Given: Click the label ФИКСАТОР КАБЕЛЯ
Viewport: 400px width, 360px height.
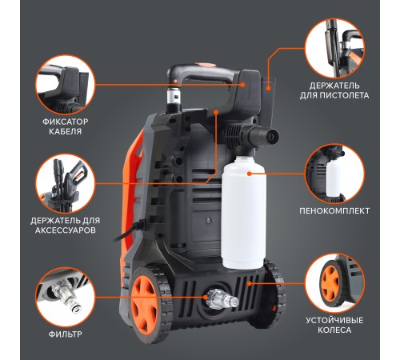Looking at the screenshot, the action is [65, 126].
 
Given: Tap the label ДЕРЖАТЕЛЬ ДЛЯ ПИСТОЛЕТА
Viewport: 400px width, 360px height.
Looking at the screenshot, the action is [334, 90].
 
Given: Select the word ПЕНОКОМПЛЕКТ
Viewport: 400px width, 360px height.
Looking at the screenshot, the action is [334, 210].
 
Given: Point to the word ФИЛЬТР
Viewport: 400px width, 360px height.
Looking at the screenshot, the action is [65, 334].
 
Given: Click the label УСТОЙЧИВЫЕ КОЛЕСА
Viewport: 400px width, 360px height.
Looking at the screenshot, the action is [334, 325].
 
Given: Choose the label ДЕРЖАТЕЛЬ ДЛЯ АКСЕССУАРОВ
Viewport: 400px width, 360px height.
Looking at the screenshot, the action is [65, 226].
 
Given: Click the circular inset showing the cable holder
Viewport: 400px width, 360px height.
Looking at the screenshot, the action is [66, 85].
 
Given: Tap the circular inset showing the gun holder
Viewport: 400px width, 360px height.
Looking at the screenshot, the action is [334, 48].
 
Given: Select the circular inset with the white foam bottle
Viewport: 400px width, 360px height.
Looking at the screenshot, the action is [334, 174].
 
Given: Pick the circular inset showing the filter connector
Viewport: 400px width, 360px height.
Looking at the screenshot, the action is [66, 298].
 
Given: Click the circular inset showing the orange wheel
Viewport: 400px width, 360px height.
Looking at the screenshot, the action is [334, 283].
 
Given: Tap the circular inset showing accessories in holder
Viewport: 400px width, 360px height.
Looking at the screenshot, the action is [66, 184].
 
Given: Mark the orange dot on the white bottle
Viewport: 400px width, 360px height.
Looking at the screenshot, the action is [249, 174].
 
